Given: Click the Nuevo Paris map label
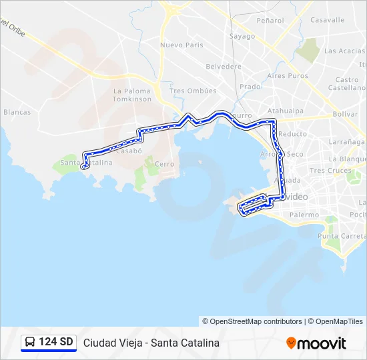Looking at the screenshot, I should pos(181,45).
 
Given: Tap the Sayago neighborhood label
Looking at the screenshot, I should pos(242,36).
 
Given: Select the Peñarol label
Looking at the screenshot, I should pos(270,21).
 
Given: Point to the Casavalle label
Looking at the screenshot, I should pos(327,21).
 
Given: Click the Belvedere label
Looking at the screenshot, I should pos(224,67).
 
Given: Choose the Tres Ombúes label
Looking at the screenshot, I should pos(193,91).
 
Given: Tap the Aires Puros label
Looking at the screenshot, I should pos(288,76).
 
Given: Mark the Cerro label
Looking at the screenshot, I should pos(164,164).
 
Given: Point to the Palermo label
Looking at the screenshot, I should pos(304,215).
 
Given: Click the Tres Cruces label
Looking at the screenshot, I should pos(330,171).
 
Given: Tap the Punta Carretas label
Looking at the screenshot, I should pos(342,236).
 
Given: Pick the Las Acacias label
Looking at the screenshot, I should pos(344,51).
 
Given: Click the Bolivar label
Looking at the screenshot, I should pos(345,114).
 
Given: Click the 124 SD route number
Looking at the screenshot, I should pos(56,343).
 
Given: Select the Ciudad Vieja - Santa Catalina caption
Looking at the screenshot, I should pos(151,343).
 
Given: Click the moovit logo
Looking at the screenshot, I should pos(316,343).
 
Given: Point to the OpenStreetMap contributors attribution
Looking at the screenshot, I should pos(256,321).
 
